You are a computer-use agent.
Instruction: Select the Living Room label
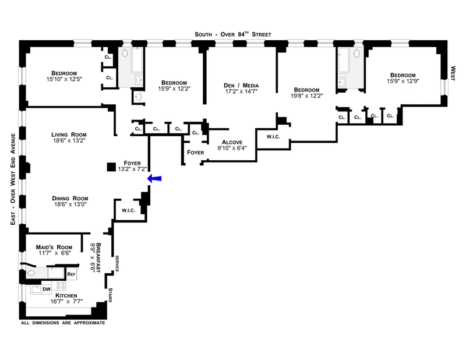point(68,135)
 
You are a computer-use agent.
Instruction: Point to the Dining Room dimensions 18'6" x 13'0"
point(68,204)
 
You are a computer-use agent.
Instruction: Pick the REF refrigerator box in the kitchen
point(71,273)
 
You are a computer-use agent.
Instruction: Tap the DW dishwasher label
point(47,289)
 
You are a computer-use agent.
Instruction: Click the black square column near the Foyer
point(111,168)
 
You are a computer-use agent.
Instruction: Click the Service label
point(117,263)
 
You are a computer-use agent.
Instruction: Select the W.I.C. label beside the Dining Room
point(129,210)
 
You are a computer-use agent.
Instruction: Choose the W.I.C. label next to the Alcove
point(274,137)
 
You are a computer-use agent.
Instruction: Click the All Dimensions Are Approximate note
point(63,322)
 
